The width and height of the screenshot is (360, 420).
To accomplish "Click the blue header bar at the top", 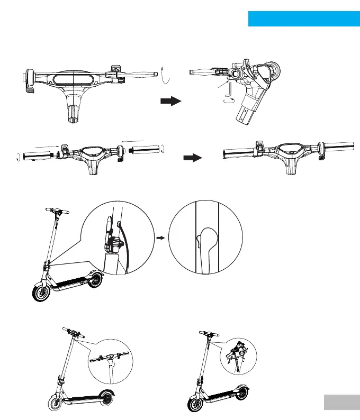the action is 303,19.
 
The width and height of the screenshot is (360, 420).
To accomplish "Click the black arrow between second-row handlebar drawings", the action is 193,158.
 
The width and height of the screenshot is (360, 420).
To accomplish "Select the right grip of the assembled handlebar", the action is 336,145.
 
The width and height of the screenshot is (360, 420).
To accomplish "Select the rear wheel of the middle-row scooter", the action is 95,279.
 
